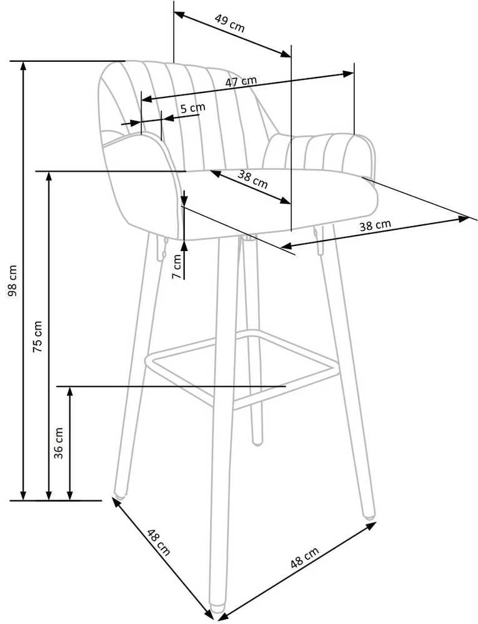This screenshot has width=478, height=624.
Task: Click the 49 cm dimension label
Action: pos(230,24)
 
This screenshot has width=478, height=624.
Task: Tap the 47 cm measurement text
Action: pos(241,81)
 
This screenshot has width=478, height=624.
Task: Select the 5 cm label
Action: pos(192,108)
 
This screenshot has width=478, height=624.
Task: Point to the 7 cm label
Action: pos(177,266)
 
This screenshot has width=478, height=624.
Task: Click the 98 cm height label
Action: pos(12,280)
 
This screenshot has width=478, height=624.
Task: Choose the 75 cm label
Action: pos(37,336)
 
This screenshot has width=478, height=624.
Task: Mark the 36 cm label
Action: pos(59,443)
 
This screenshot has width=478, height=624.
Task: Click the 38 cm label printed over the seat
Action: pos(252,179)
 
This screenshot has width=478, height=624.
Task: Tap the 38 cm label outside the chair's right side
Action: pos(376,225)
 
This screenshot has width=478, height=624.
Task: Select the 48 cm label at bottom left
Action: pos(159,542)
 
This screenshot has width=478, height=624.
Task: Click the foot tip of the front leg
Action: pos(217,608)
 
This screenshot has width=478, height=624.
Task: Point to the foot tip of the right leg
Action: pos(369,517)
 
